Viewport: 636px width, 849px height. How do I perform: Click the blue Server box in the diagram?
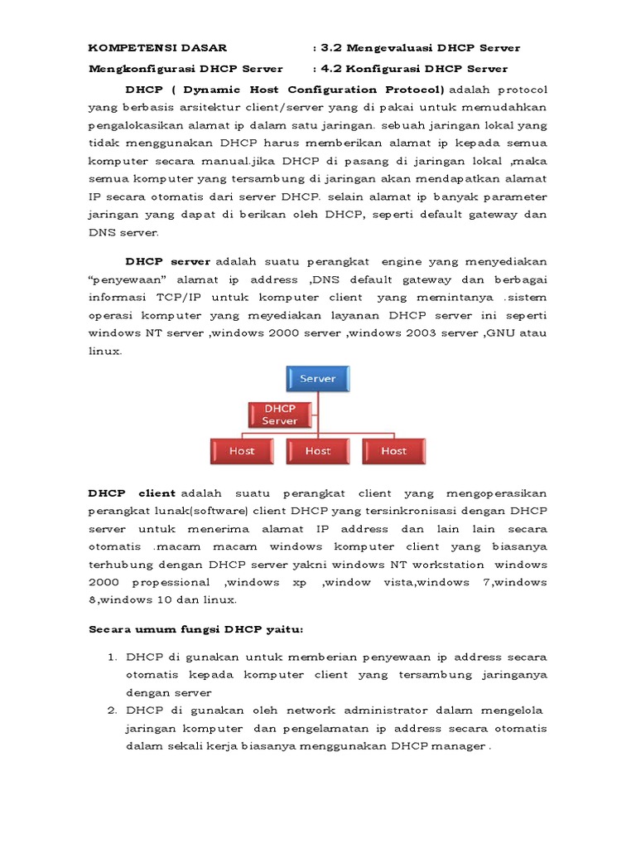[x=318, y=379]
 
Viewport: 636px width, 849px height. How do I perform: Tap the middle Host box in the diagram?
[x=317, y=451]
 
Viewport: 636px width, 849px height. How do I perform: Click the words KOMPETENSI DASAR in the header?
[x=157, y=48]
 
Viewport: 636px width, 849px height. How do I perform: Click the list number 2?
[x=113, y=711]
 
